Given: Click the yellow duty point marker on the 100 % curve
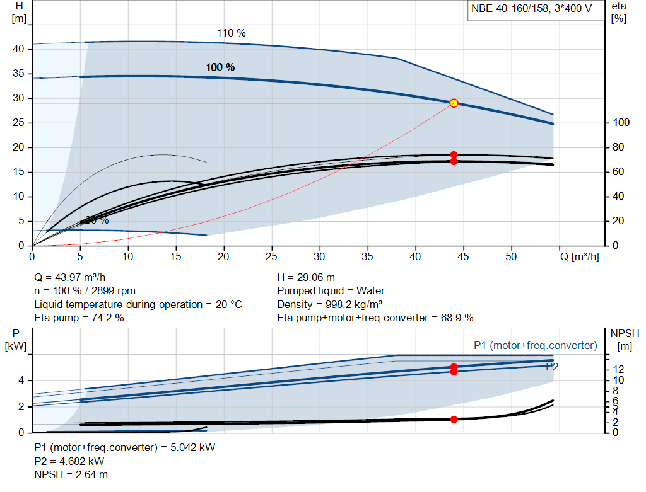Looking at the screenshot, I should point(454,103).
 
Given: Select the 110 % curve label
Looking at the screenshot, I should point(231,33).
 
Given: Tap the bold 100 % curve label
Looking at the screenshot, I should point(220,67).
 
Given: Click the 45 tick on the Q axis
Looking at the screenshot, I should point(463,256).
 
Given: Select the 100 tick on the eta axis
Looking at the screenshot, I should point(620,123).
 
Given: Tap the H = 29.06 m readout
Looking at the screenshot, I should point(306,277).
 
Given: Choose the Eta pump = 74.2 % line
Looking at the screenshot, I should point(79,318).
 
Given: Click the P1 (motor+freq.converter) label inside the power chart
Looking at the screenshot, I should point(535,345).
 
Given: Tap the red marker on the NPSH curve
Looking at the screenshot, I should point(454,419).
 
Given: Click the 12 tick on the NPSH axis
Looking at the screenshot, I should point(618,369).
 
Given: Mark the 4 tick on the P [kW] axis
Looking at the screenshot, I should point(21,380).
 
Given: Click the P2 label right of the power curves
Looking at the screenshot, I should point(552,366).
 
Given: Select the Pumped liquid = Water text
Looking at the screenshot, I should point(331,291).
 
